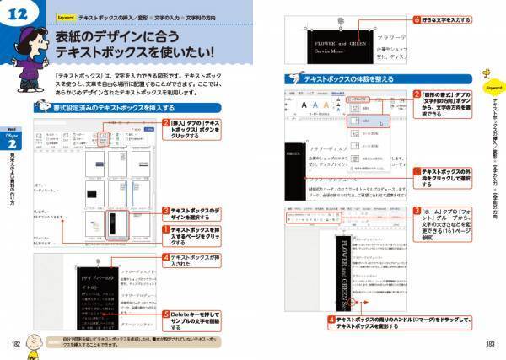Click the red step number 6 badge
[417, 19]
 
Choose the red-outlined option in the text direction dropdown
[365, 121]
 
